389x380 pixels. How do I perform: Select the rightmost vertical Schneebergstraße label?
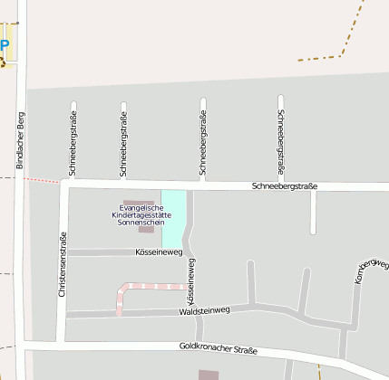pyautogui.click(x=281, y=142)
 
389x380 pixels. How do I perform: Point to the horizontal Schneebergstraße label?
pyautogui.click(x=285, y=186)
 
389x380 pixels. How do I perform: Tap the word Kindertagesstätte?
pyautogui.click(x=141, y=214)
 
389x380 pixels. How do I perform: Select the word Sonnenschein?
pyautogui.click(x=141, y=223)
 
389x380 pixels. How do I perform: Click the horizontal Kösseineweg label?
pyautogui.click(x=159, y=252)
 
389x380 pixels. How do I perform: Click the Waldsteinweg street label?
pyautogui.click(x=205, y=310)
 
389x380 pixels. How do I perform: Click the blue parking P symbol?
pyautogui.click(x=5, y=45)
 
